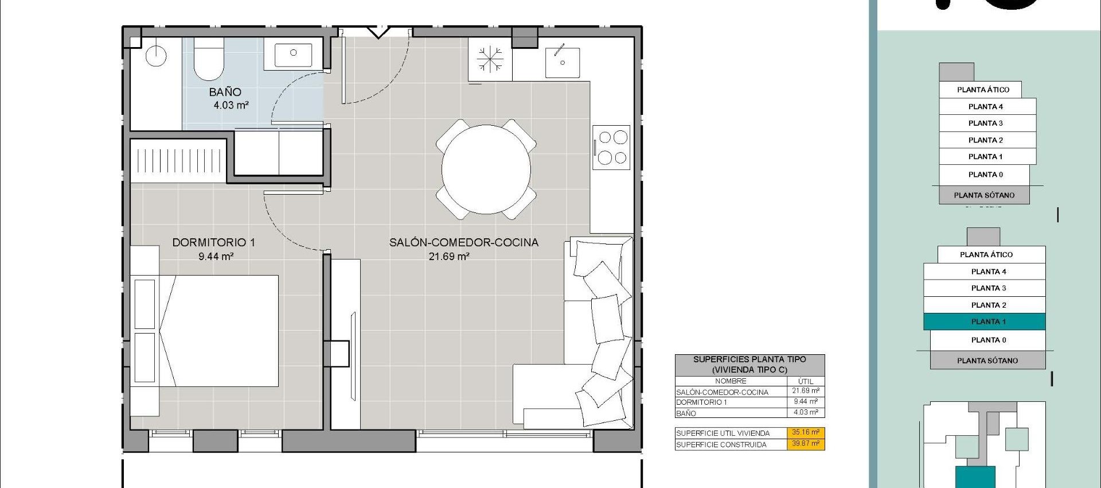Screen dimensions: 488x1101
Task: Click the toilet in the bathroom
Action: pos(209,59)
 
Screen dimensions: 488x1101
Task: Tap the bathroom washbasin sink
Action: pos(293,53)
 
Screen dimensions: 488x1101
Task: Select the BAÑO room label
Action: pos(225,92)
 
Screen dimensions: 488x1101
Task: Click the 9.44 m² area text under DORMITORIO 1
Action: pos(216,257)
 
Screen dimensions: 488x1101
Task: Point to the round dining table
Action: pos(486,169)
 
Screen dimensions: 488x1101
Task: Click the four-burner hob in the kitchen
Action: pos(611,147)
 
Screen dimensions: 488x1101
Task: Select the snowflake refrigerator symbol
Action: pos(490,59)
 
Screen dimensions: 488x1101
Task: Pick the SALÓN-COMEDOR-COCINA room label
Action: pos(463,242)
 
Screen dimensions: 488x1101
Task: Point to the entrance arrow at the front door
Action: pos(378,32)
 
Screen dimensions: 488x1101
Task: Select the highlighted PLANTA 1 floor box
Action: pos(984,322)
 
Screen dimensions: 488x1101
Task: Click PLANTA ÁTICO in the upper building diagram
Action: pos(983,90)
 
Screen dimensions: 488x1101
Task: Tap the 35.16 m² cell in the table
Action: pos(805,433)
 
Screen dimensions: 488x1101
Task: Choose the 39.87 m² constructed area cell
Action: pos(805,444)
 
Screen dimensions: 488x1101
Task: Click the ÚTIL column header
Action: pos(805,381)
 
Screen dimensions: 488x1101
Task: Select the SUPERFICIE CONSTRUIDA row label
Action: pos(721,444)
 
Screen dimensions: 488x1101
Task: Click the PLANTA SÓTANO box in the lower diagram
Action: pos(987,361)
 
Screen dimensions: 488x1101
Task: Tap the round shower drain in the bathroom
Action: pos(156,56)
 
